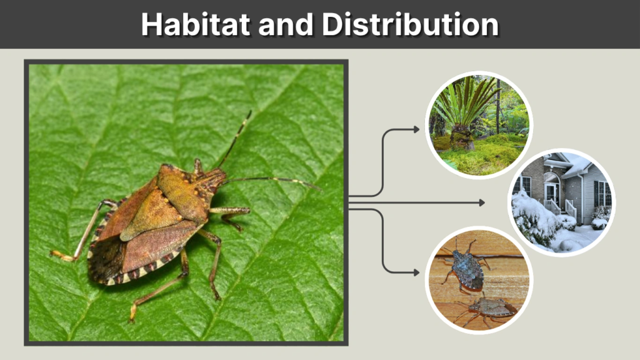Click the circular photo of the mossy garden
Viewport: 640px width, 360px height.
pos(478,124)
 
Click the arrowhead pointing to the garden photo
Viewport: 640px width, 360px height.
pos(416,129)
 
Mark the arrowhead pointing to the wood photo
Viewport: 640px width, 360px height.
pos(416,272)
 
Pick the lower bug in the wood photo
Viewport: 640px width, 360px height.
pos(489,307)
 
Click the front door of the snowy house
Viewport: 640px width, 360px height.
pos(552,192)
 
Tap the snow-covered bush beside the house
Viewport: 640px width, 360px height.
pos(531,216)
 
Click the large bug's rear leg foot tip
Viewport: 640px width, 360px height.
pos(132,319)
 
